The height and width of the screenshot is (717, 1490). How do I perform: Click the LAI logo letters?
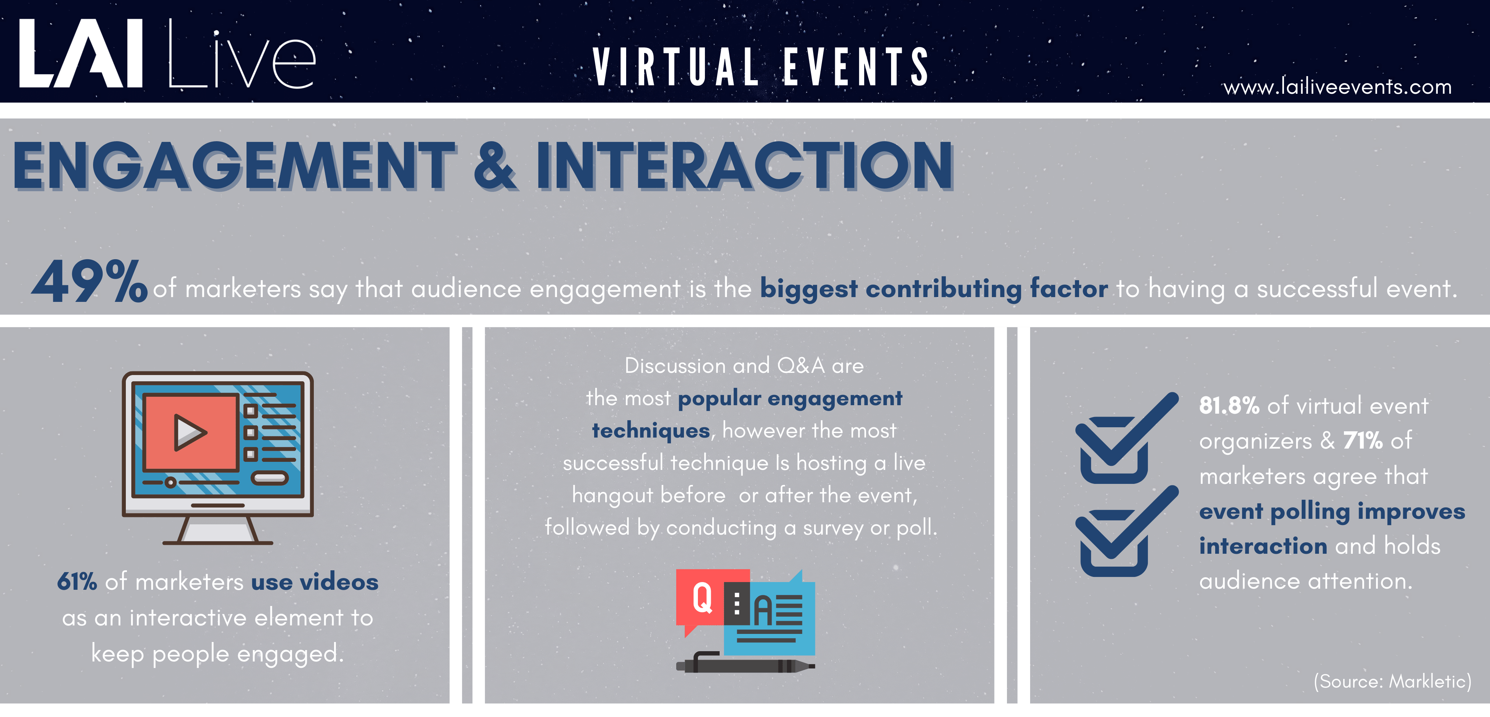point(81,53)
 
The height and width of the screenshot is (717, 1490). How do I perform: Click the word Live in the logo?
point(242,55)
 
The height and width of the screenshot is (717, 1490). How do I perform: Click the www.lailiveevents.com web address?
point(1337,87)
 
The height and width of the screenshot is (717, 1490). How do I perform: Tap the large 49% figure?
point(90,282)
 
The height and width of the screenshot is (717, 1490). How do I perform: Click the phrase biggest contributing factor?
point(934,288)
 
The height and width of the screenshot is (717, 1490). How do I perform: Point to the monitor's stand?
point(217,529)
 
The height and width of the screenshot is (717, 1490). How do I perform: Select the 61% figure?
point(77,582)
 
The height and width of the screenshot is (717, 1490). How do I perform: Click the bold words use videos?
point(315,582)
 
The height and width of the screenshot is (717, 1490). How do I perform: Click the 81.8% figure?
point(1228,406)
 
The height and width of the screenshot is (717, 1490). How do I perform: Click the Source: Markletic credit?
point(1392,681)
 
